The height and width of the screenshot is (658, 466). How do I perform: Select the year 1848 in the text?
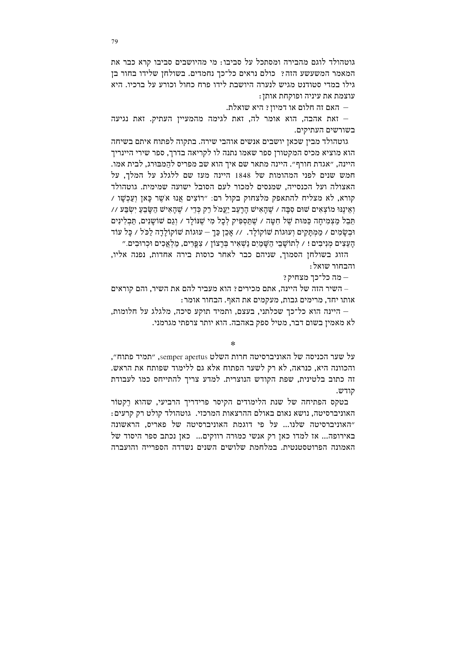pyautogui.click(x=245, y=175)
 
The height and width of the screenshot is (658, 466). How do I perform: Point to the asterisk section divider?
pyautogui.click(x=233, y=343)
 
